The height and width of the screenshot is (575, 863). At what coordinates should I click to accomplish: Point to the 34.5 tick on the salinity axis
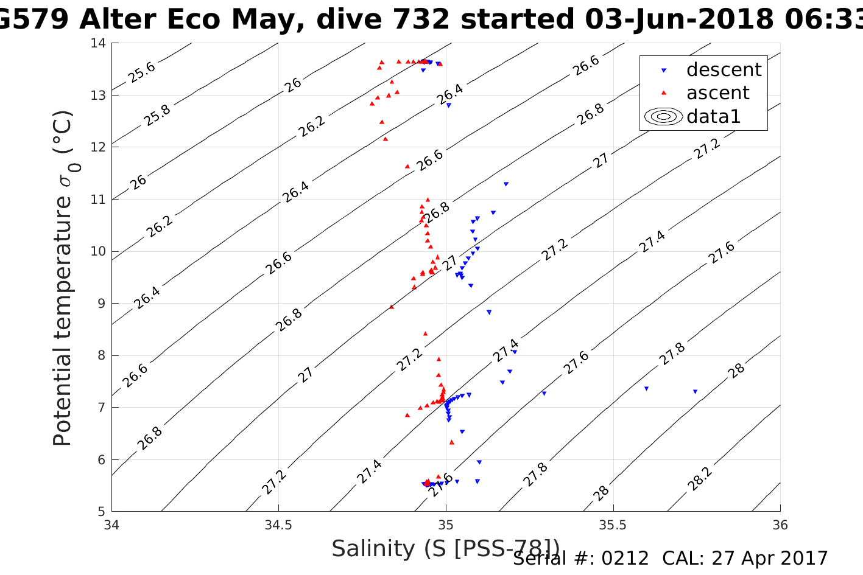click(278, 524)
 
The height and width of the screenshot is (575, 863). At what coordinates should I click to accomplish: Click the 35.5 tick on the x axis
click(613, 524)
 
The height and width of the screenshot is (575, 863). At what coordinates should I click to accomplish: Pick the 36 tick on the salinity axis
click(780, 524)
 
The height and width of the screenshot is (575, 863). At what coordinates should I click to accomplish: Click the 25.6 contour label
click(142, 72)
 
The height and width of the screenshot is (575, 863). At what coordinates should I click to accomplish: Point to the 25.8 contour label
click(158, 115)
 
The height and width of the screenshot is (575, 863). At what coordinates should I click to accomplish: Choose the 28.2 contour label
click(700, 479)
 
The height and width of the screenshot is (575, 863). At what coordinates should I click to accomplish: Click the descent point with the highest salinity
click(695, 392)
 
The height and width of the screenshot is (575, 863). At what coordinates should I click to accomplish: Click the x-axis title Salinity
click(445, 549)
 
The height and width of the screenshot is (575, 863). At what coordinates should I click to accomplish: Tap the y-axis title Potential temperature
click(63, 278)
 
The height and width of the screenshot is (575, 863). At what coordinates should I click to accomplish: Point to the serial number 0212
click(625, 559)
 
